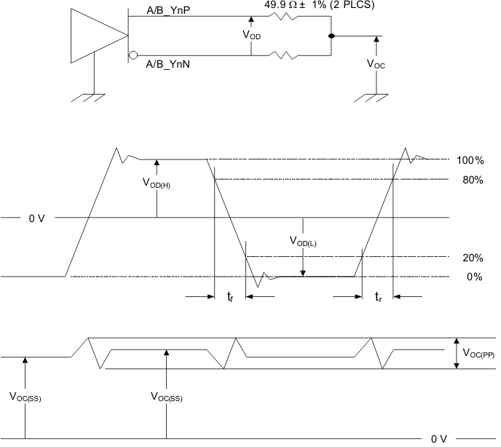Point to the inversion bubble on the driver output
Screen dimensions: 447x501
click(133, 55)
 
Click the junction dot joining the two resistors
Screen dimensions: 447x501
click(331, 36)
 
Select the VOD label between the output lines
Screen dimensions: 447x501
click(251, 34)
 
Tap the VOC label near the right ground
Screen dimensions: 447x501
click(376, 64)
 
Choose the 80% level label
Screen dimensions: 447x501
click(473, 180)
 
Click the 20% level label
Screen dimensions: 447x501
click(473, 258)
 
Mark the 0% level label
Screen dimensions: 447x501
click(475, 277)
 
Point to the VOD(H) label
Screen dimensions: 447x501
click(157, 183)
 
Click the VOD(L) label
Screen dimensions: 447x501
click(302, 242)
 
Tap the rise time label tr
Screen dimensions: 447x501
click(377, 297)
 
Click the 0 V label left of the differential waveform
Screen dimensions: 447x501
click(37, 218)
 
